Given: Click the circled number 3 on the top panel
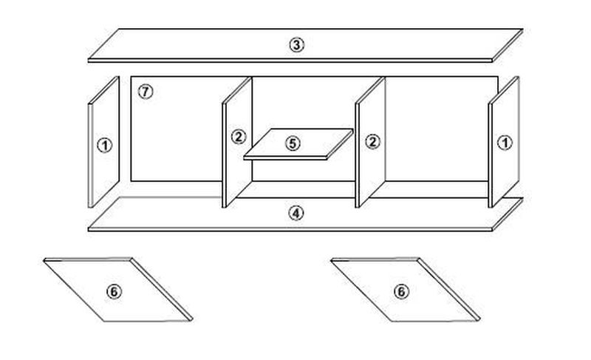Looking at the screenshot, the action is pos(297,45).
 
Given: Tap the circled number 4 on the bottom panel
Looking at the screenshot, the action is pos(296,214).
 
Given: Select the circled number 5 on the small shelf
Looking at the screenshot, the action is pos(293,143).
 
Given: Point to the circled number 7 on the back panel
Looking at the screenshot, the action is pos(146,92).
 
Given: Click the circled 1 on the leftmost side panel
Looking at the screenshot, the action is pos(105,146).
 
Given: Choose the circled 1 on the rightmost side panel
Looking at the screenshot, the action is pos(505,143).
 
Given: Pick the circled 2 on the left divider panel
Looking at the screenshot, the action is pos(239,137).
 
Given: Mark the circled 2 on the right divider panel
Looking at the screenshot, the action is pos(373,142).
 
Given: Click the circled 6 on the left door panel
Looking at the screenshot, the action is pos(114,291).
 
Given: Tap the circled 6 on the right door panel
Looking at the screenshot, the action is pos(401,291).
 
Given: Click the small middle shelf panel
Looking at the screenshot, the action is pos(298,144).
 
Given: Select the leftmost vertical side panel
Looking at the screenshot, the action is pos(104,142).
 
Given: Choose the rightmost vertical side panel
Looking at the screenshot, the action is pos(504,142).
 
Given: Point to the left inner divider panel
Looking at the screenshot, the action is pos(237,142).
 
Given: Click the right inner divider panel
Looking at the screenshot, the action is pos(371,142).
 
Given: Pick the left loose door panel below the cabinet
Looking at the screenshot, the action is pos(118,290).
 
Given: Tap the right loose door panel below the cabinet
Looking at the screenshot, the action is pos(406,290).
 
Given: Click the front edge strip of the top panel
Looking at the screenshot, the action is pos(290,61).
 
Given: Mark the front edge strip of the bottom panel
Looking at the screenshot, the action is pos(290,229).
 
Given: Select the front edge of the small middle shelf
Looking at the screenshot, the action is pos(285,158).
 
